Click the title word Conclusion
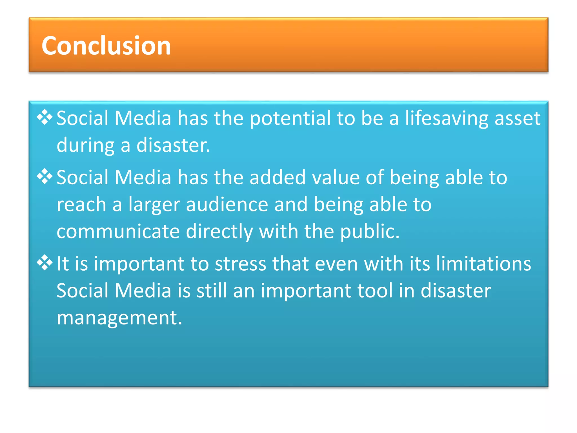click(106, 46)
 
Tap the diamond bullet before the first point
click(45, 117)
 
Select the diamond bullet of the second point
click(45, 177)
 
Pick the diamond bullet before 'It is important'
click(45, 263)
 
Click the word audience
click(227, 205)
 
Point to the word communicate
click(118, 231)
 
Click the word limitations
click(483, 264)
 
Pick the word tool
click(375, 291)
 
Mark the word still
click(212, 291)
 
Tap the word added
click(277, 178)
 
